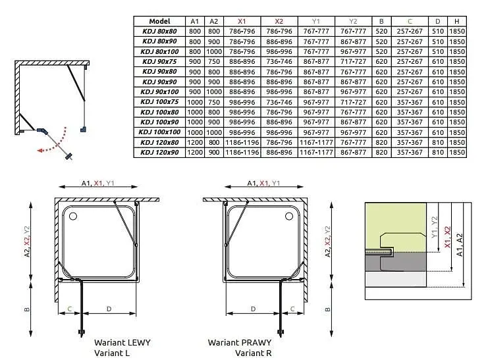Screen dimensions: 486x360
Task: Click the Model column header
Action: [x=159, y=21]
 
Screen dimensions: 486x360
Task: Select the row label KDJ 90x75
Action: [x=159, y=62]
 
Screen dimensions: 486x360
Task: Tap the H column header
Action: [x=456, y=21]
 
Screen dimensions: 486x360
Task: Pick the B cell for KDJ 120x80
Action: [x=381, y=143]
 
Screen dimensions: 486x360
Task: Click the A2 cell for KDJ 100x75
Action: [x=214, y=102]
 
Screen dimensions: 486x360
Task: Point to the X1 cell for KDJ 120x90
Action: [x=242, y=153]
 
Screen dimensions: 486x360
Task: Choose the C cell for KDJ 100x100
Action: [x=410, y=132]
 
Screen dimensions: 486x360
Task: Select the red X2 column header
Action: [x=279, y=21]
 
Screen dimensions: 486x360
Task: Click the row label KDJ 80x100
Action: [x=159, y=51]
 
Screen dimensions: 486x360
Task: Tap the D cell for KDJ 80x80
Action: [x=438, y=32]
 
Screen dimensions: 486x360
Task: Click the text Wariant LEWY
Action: [x=122, y=342]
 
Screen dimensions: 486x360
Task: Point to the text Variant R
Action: [x=254, y=353]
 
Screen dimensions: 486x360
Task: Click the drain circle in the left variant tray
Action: [x=73, y=217]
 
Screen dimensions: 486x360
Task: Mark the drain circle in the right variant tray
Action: [x=289, y=216]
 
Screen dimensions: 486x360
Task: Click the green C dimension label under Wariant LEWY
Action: [x=70, y=309]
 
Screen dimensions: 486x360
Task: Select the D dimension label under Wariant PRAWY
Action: [x=254, y=309]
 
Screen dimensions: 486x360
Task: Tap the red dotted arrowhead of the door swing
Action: [x=40, y=151]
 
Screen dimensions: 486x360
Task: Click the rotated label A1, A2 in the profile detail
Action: [x=460, y=245]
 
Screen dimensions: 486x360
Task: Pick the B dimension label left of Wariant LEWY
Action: [x=27, y=309]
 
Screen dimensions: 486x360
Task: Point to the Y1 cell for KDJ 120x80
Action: [x=316, y=143]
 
